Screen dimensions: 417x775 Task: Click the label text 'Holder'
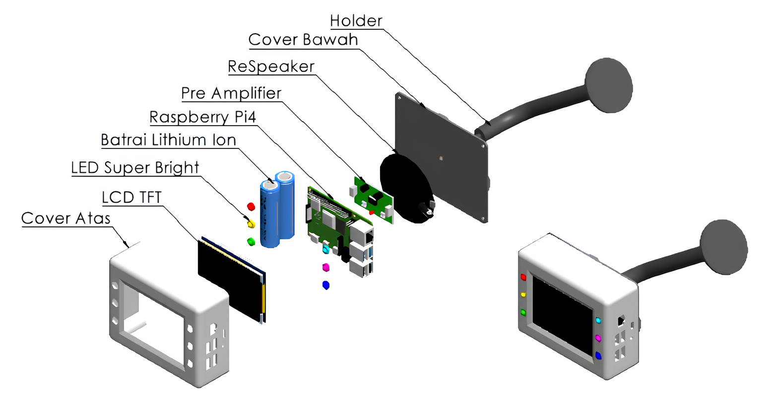coord(356,21)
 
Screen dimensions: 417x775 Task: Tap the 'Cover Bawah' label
coord(303,40)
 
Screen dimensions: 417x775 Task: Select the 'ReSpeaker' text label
coord(271,67)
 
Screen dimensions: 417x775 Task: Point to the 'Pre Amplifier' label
coord(231,93)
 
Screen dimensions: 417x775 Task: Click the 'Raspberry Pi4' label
coord(203,117)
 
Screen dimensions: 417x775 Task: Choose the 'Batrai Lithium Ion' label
coord(168,140)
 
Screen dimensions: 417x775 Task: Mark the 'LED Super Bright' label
coord(135,168)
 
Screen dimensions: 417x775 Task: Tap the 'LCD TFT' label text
coord(131,198)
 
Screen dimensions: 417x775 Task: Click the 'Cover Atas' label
coord(65,218)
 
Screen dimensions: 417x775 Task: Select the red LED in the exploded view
coord(251,206)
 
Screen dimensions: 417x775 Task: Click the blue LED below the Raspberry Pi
coord(326,285)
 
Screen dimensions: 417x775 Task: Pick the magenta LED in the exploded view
coord(326,268)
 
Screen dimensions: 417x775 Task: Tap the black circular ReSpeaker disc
coord(404,186)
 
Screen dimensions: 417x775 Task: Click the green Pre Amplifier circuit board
coord(373,198)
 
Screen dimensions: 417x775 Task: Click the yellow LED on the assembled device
coord(523,295)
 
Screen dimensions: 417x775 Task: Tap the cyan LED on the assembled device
coord(598,321)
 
